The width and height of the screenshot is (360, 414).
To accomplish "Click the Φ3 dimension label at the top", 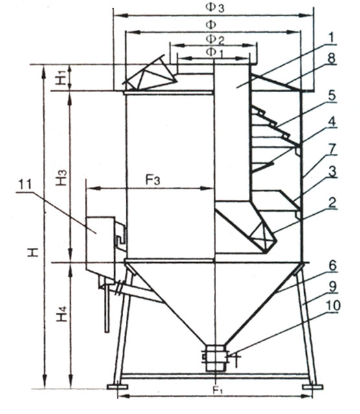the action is click(x=214, y=7).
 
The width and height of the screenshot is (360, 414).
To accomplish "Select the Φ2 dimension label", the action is click(x=215, y=40).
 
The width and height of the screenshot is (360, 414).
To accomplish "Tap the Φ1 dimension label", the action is click(x=215, y=53).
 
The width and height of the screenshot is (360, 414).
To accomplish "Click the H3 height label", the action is click(x=61, y=177).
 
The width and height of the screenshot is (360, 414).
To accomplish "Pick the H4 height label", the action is click(x=62, y=313).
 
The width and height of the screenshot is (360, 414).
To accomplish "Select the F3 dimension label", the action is click(x=152, y=180).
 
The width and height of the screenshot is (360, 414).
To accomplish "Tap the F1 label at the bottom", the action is click(x=218, y=390).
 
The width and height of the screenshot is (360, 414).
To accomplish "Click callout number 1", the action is click(x=331, y=37).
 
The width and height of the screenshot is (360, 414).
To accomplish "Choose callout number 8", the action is click(x=331, y=58).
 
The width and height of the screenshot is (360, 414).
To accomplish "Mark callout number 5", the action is click(x=331, y=95).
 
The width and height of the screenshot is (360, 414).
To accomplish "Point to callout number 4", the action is click(x=331, y=122).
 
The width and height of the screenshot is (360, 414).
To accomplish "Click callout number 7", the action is click(x=332, y=149).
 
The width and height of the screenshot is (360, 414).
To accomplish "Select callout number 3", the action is click(x=332, y=172).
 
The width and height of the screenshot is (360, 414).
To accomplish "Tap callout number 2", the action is click(x=332, y=202).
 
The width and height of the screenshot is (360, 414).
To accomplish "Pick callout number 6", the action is click(x=332, y=265).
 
